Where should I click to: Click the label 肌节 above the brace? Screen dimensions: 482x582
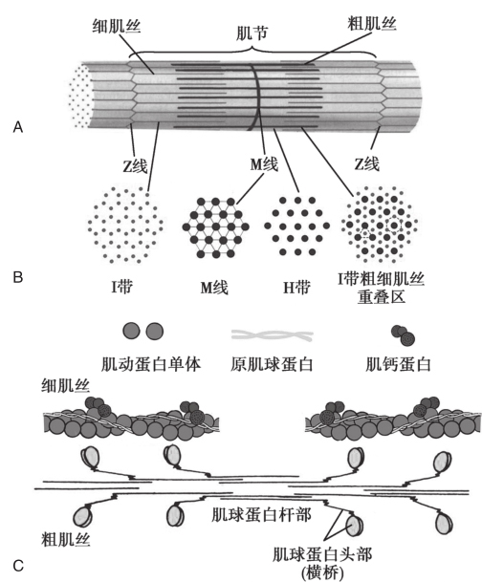click(252, 33)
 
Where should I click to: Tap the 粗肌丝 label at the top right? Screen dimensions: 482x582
click(372, 23)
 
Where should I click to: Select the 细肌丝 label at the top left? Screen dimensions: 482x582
click(117, 27)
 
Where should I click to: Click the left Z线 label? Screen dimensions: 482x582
click(135, 165)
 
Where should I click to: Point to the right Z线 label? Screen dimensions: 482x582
click(367, 163)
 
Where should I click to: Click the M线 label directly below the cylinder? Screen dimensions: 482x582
click(264, 163)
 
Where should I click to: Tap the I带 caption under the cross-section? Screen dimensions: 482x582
click(121, 287)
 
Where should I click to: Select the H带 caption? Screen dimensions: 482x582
click(296, 287)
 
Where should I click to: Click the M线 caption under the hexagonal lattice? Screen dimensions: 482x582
click(214, 288)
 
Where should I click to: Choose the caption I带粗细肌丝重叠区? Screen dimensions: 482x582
click(381, 288)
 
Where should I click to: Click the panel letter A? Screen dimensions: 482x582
click(18, 127)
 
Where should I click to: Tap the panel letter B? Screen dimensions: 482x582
click(18, 277)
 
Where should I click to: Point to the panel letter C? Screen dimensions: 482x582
click(18, 566)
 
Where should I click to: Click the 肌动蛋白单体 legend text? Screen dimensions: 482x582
click(151, 364)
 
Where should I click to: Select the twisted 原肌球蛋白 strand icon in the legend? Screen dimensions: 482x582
click(272, 335)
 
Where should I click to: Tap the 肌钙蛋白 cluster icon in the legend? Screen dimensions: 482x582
click(404, 334)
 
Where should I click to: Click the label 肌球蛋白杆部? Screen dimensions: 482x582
click(261, 515)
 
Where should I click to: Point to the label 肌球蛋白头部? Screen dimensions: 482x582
click(322, 554)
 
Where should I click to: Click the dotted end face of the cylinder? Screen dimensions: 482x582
click(81, 95)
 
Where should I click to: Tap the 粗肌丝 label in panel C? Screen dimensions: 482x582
click(65, 539)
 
